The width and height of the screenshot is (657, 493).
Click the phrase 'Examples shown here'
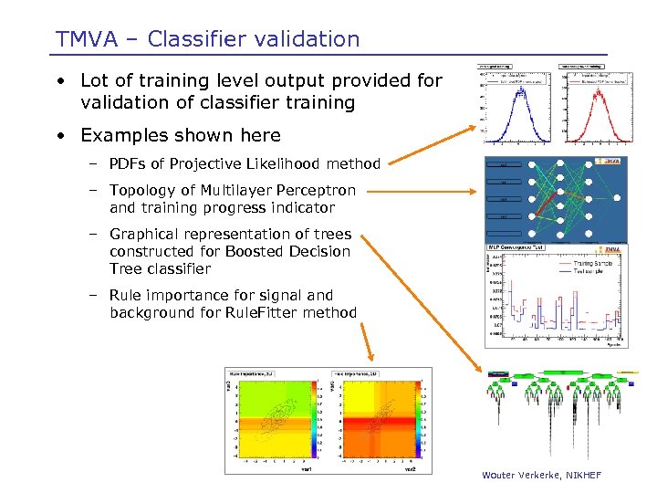pyautogui.click(x=181, y=135)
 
